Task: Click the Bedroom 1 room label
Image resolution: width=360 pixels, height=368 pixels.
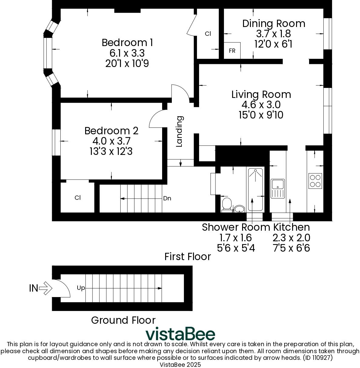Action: tap(127, 42)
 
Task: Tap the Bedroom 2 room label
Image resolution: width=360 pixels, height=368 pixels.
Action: tap(111, 131)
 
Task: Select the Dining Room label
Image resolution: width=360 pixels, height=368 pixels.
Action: tap(273, 24)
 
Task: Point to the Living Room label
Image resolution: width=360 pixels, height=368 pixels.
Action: tap(261, 95)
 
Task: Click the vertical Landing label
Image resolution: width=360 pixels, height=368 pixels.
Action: tap(180, 131)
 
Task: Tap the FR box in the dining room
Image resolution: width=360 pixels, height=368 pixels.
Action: tap(232, 51)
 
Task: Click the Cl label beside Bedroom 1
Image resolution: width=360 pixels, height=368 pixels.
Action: tap(208, 34)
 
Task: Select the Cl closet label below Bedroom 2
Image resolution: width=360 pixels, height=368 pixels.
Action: tap(78, 198)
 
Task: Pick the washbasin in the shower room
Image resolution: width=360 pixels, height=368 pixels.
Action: tap(240, 209)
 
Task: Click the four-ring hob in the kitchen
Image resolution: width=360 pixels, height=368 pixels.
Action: tap(315, 181)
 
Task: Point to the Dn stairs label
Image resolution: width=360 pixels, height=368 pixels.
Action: tap(167, 199)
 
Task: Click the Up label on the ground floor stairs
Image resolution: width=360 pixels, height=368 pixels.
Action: tap(81, 288)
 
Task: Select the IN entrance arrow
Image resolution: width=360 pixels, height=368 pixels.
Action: tap(45, 288)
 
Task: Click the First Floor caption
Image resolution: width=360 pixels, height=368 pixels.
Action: tap(187, 257)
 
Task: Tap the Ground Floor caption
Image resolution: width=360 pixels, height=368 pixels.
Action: tap(123, 320)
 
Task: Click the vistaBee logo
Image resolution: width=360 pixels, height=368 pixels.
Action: tap(180, 334)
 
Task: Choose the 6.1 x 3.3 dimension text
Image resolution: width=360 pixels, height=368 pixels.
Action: tap(127, 53)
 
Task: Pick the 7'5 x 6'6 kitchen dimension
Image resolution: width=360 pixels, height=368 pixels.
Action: tap(291, 248)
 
